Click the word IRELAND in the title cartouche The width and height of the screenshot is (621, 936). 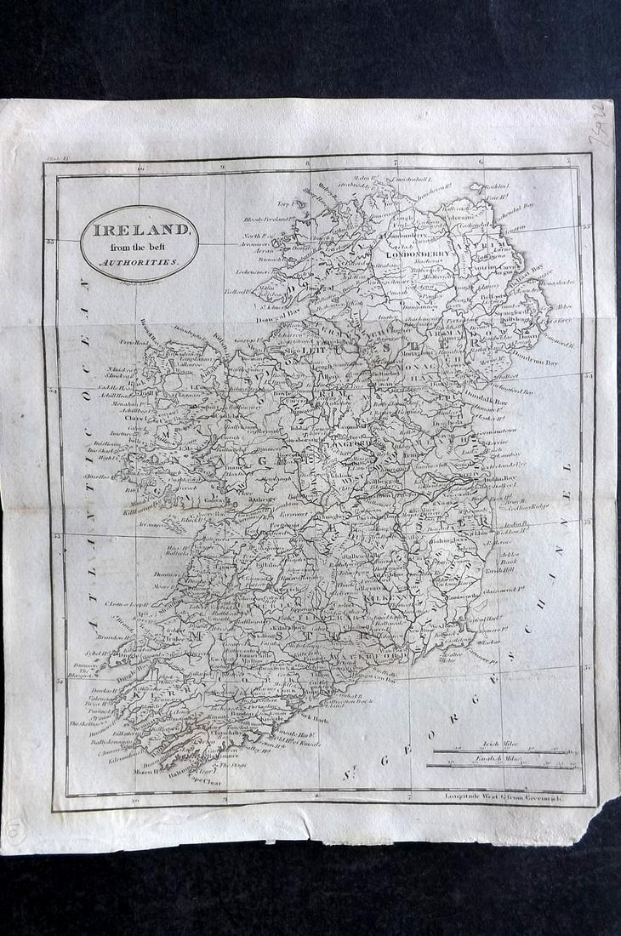coord(140,230)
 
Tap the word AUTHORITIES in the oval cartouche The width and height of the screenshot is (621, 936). coord(140,263)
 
